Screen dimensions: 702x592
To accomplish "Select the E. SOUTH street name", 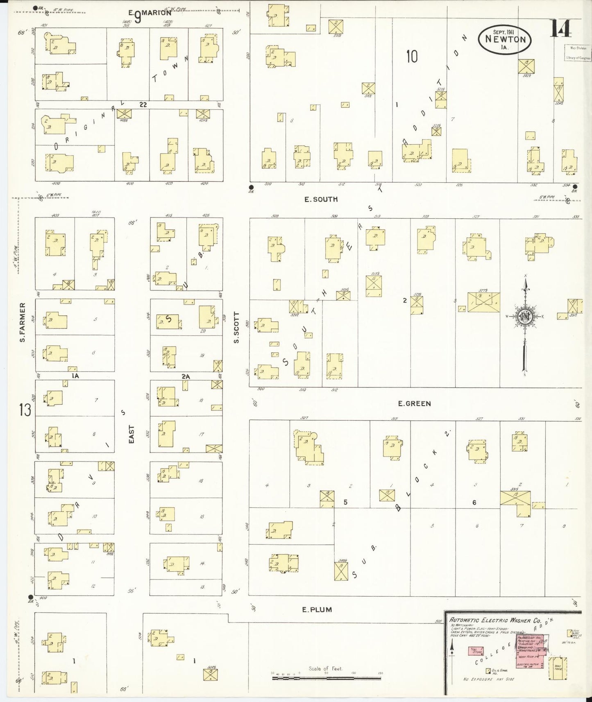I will (x=321, y=199).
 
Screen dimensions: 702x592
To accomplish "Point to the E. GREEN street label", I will (x=414, y=403).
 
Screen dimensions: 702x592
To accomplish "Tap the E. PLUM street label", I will (x=317, y=609).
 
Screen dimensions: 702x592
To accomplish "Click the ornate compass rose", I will (x=524, y=317).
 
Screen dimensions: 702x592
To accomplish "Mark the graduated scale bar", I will (x=326, y=678).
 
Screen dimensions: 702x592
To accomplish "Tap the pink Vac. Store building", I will (x=476, y=651).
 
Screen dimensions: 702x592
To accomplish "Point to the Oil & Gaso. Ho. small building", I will (x=488, y=671).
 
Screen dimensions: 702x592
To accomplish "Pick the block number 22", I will (x=142, y=105).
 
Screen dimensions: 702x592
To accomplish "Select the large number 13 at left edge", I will (x=25, y=409).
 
